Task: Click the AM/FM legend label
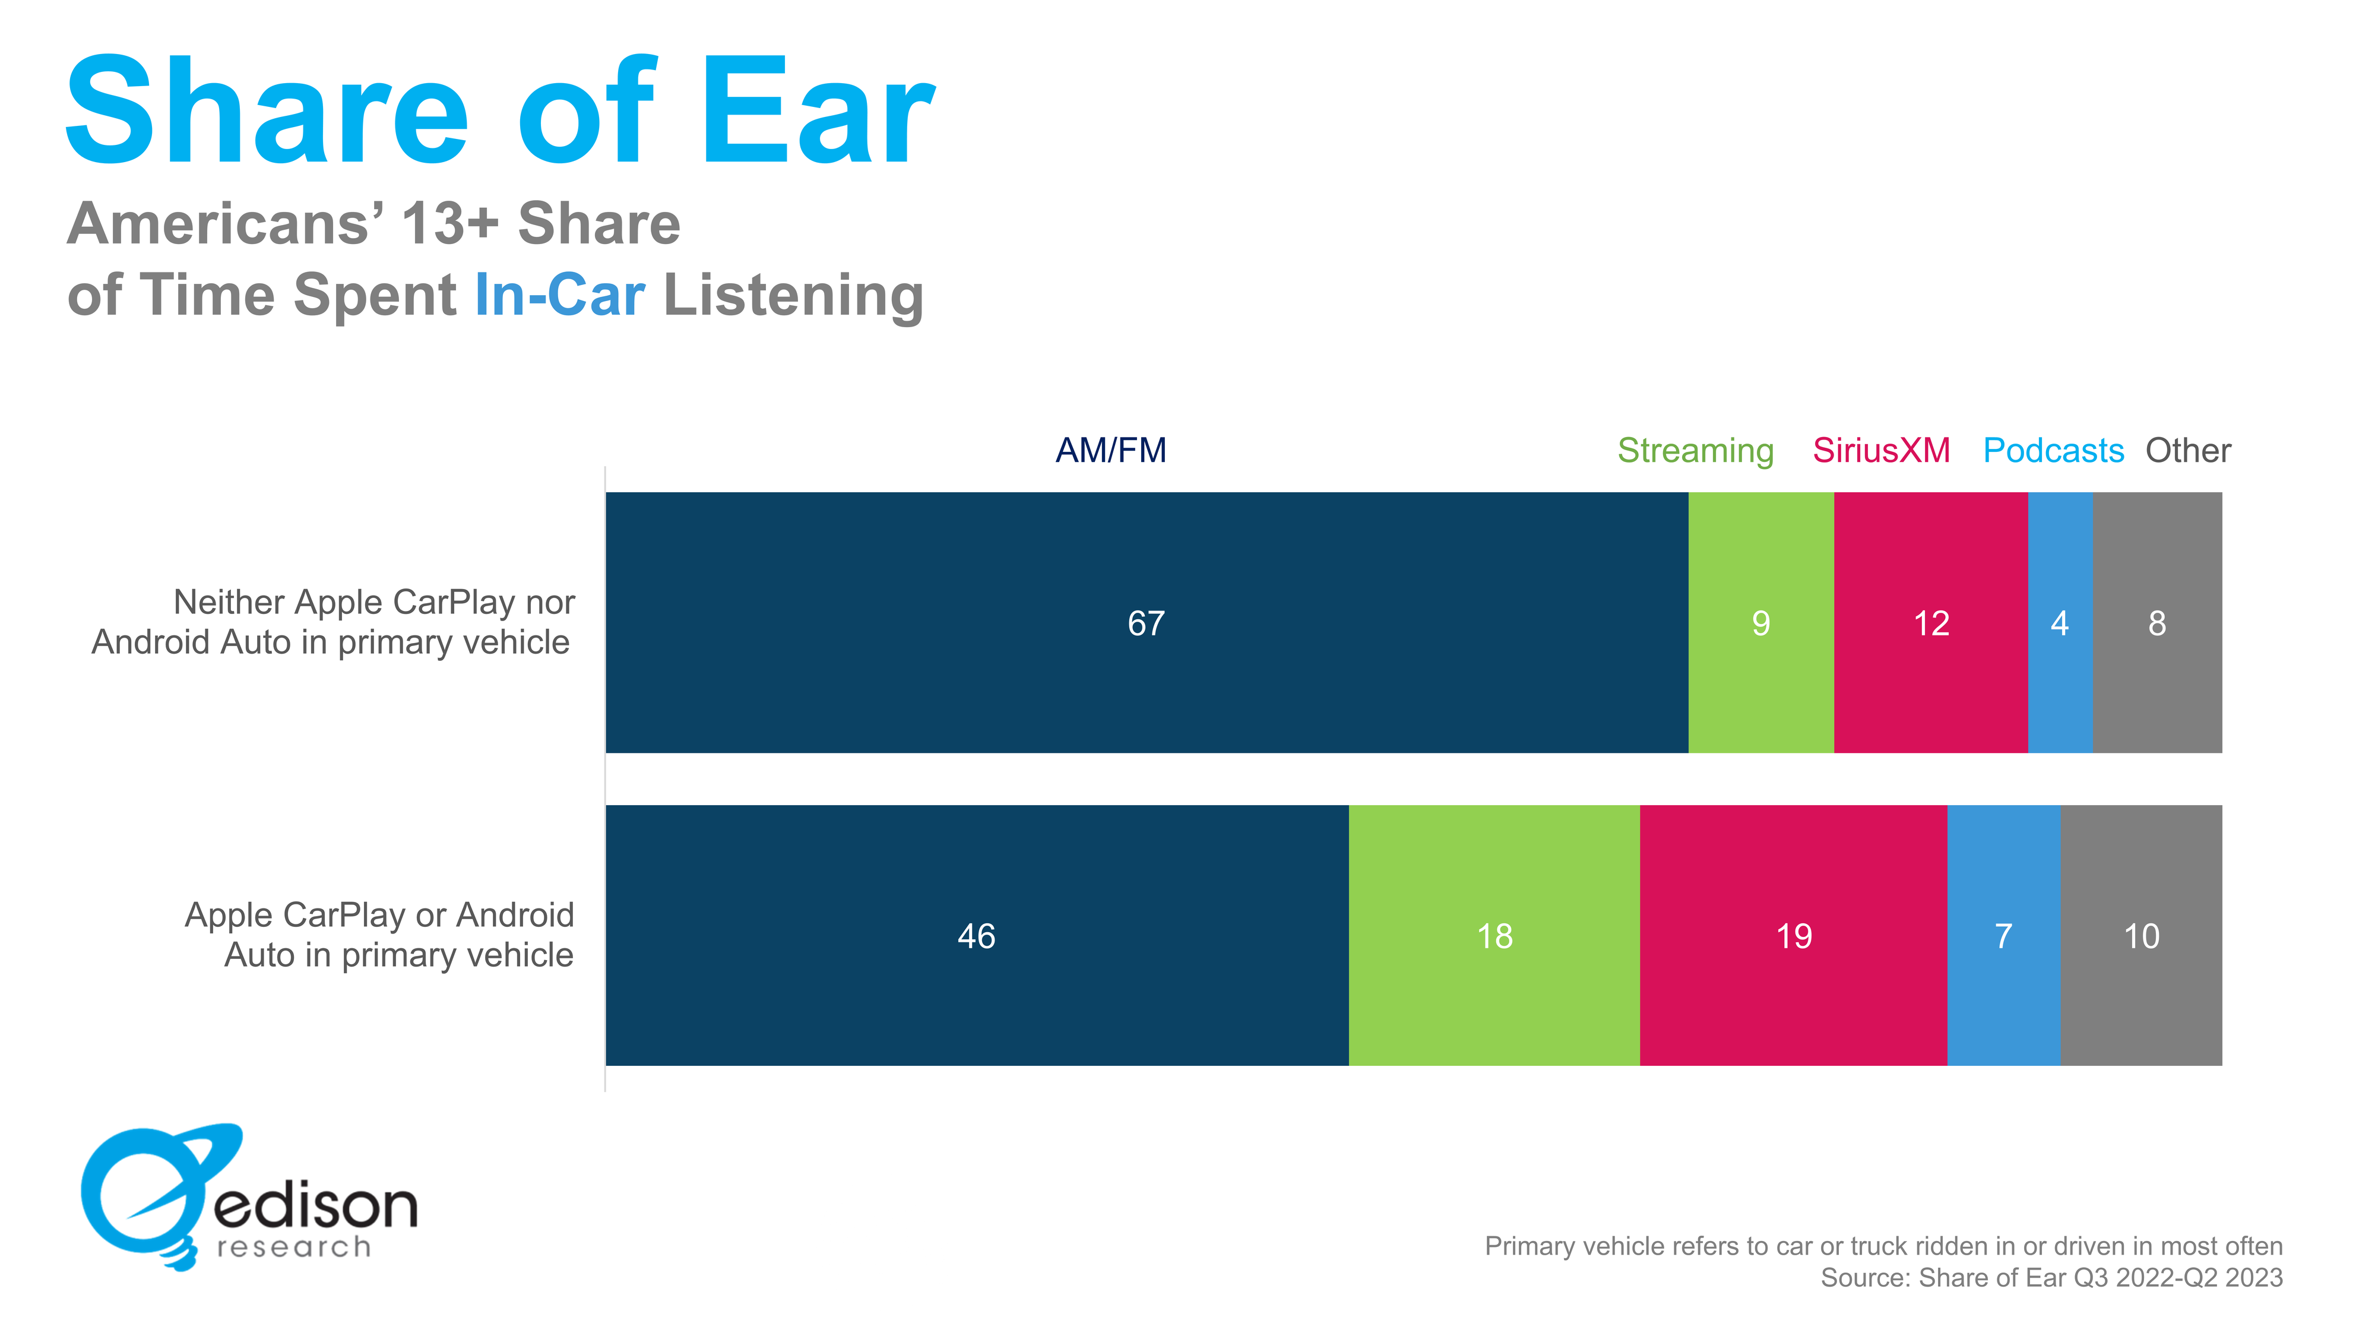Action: [1110, 450]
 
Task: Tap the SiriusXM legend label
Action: [1881, 450]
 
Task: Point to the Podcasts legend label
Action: [2053, 450]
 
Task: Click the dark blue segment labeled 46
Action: [976, 935]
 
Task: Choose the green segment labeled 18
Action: [1494, 935]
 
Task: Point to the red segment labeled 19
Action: [1793, 935]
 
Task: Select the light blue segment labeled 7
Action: [2003, 935]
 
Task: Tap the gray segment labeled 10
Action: [2141, 935]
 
